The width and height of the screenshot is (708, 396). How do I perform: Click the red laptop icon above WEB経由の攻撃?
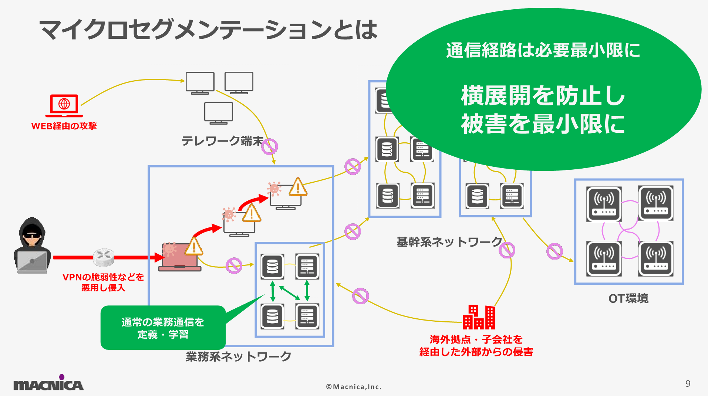coord(64,105)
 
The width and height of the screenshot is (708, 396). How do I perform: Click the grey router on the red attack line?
coord(103,257)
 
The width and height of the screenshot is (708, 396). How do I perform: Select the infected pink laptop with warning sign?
coord(180,257)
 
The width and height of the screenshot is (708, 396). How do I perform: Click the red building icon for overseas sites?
coord(479,317)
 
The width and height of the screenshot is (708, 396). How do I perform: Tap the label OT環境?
coord(628,298)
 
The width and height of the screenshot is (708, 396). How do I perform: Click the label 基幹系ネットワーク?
coord(449,242)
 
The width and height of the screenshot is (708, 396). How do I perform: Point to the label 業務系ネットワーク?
coord(238,356)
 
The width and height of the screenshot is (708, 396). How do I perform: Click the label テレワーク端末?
coord(222,141)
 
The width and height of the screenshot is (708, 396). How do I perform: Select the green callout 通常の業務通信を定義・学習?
coord(163,328)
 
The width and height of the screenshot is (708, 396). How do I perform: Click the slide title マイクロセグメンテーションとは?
coord(208,30)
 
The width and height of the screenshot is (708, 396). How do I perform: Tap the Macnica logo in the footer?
coord(48,383)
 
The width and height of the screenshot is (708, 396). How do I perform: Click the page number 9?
coord(688,383)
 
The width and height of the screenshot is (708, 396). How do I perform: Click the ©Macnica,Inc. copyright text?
coord(353,387)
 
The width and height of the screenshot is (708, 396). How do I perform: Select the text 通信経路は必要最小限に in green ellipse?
coord(543,50)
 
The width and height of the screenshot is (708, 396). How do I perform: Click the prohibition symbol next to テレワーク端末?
coord(269,146)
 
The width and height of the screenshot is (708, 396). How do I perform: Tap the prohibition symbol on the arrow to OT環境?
coord(554,251)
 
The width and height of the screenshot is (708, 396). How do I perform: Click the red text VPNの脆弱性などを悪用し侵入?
coord(103,282)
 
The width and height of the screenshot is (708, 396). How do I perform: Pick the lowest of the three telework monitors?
coord(219,113)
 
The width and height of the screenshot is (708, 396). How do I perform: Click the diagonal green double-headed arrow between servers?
coord(289,293)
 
